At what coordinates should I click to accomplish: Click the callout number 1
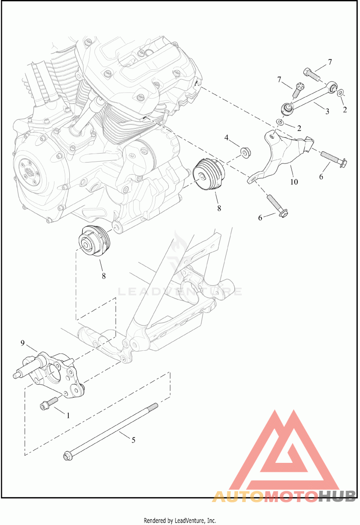tap(68, 415)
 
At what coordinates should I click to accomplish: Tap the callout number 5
tap(133, 440)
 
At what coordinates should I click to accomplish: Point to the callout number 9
tap(22, 343)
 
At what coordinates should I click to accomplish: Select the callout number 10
tap(294, 182)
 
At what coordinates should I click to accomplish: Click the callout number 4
tap(227, 137)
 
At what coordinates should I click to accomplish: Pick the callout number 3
tap(328, 111)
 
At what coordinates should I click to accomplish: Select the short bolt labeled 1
tap(49, 403)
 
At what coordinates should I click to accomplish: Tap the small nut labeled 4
tap(245, 152)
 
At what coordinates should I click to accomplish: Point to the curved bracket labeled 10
tap(279, 158)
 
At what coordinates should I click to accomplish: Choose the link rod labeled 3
tap(310, 96)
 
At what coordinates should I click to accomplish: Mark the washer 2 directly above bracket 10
tap(280, 122)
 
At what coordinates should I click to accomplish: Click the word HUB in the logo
tap(337, 496)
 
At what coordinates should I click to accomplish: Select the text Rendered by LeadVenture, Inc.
tap(180, 520)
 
